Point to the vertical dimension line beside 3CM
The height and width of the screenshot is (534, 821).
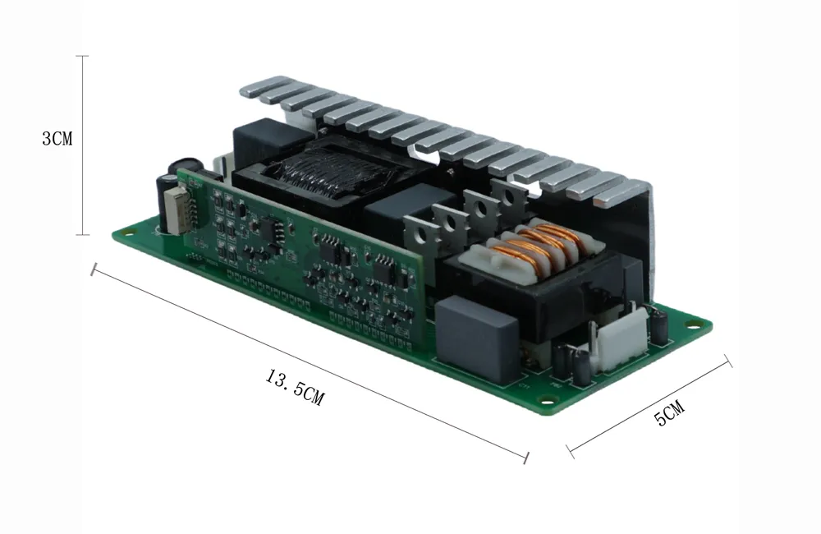click(83, 145)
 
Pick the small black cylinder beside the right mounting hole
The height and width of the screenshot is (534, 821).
click(659, 328)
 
